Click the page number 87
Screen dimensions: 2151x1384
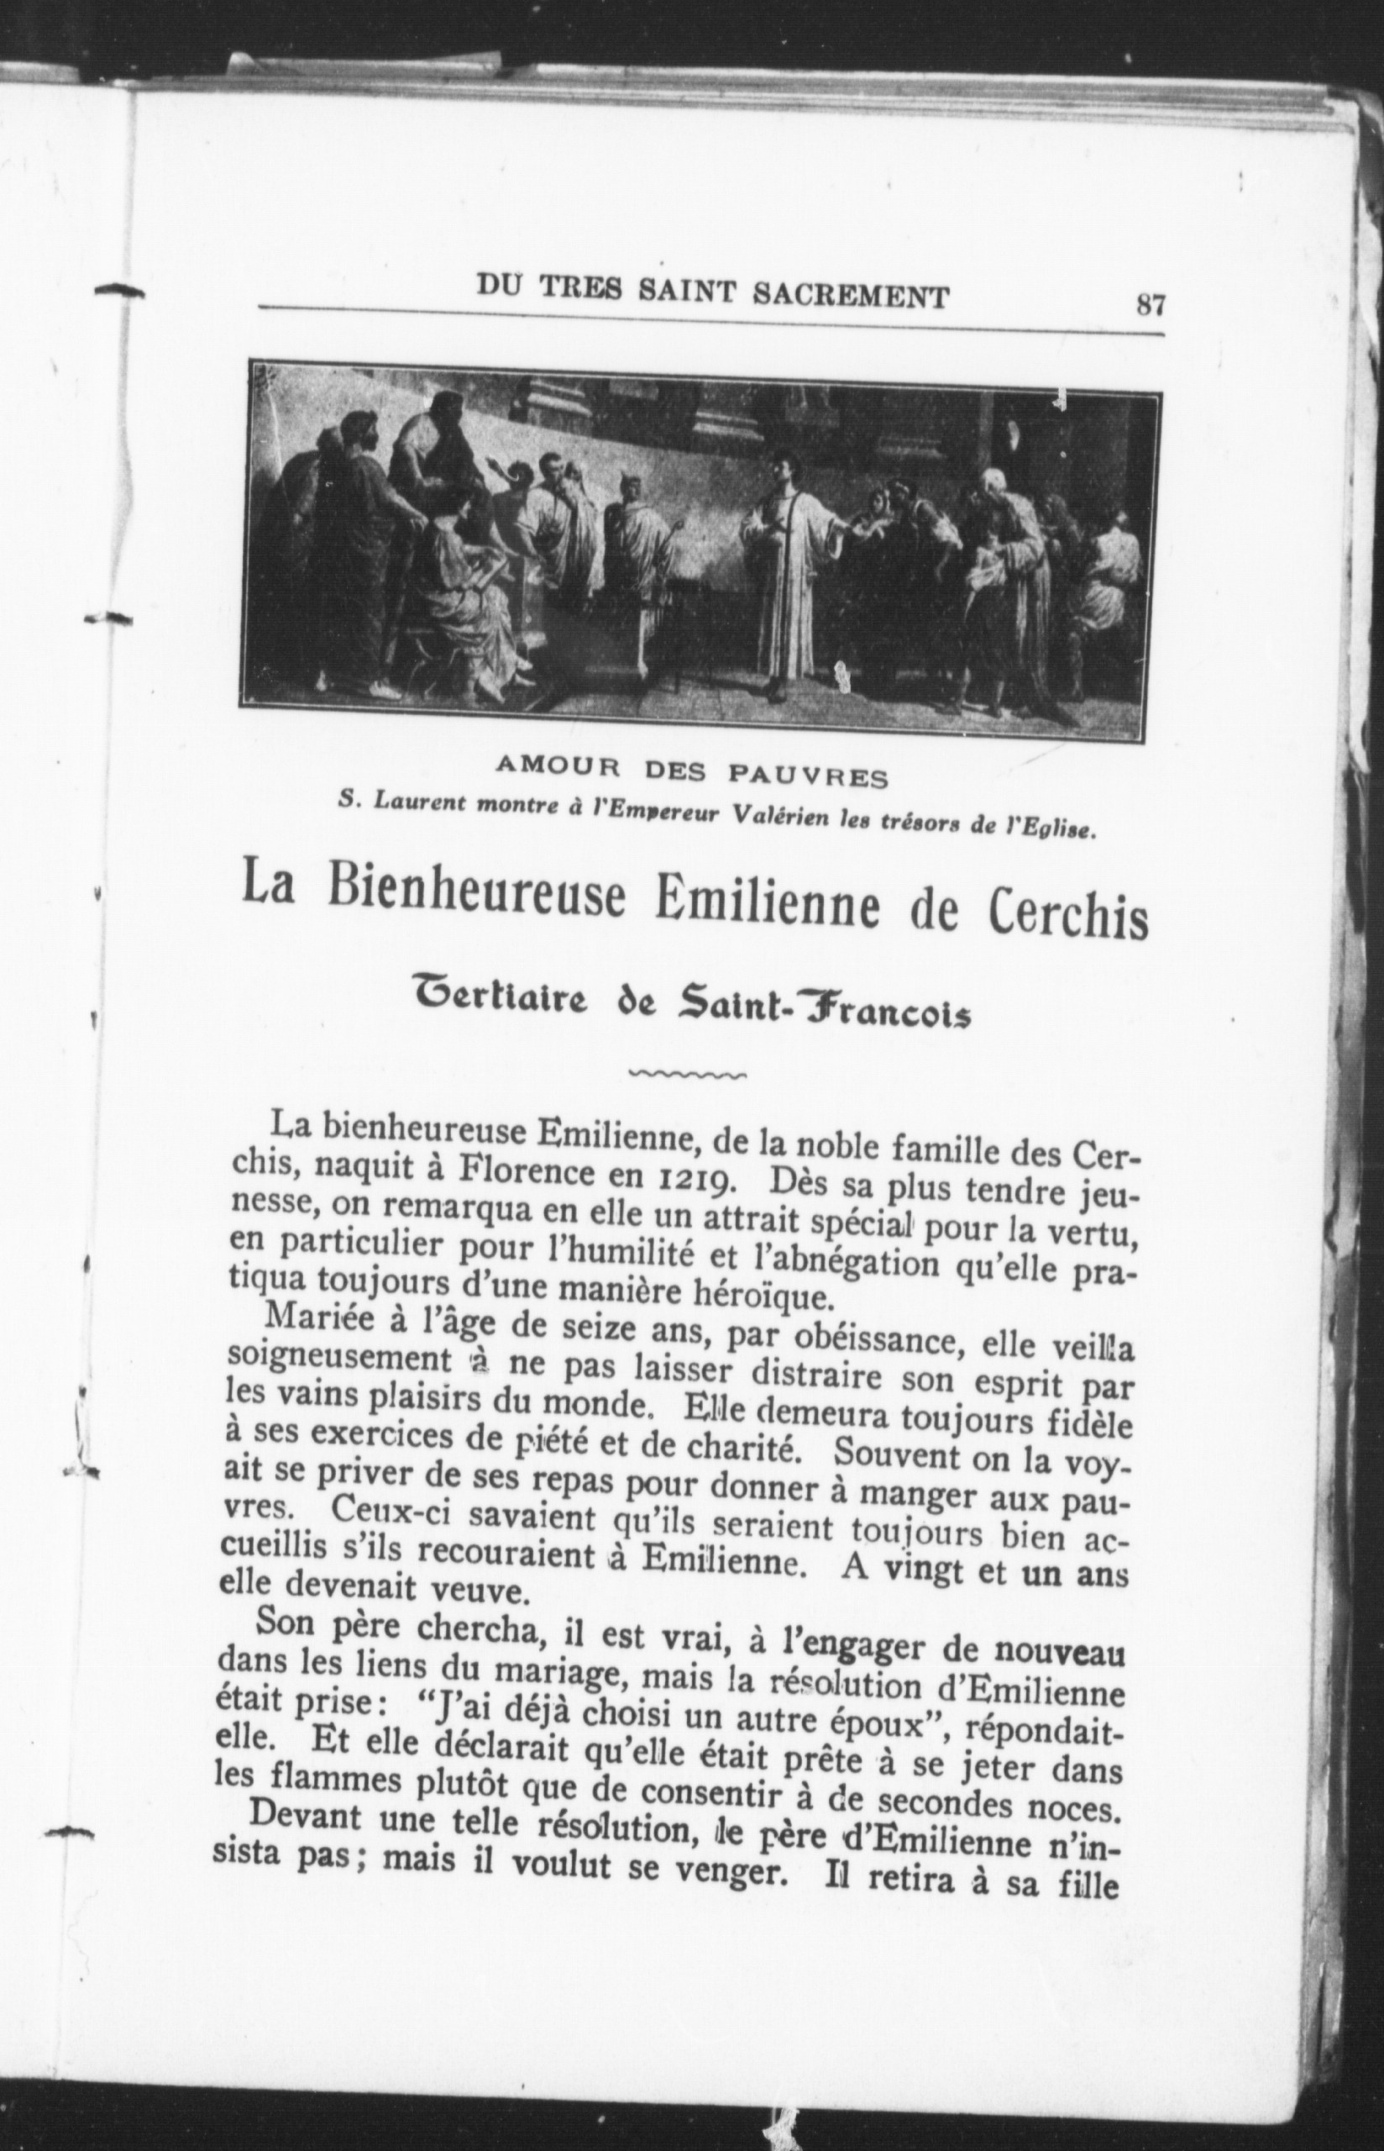click(1150, 305)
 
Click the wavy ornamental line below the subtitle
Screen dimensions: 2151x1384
click(689, 1073)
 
